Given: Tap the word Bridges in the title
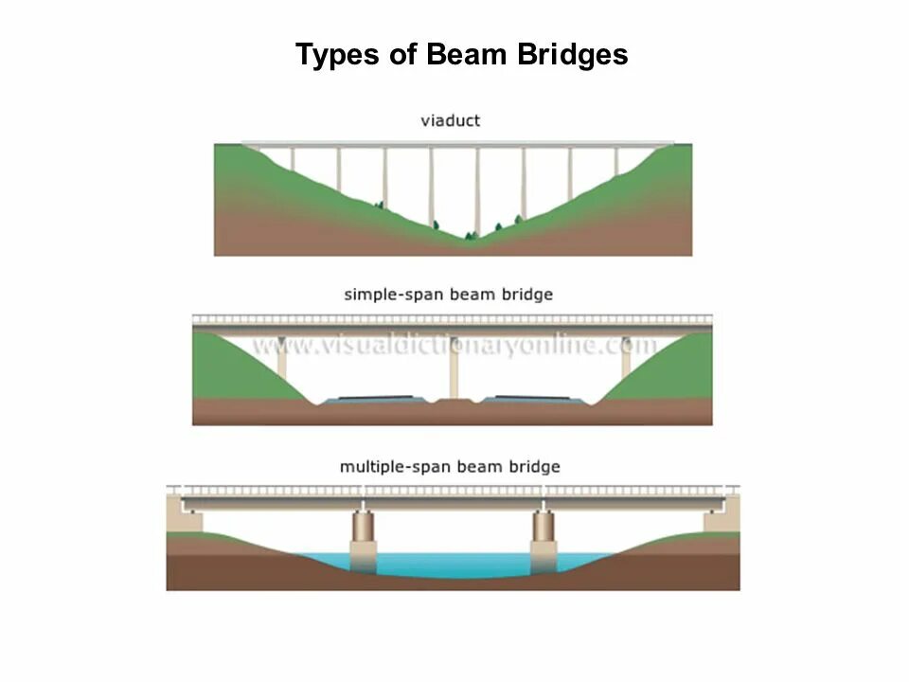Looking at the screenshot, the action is pyautogui.click(x=572, y=55).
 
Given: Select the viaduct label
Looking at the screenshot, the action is pyautogui.click(x=451, y=120).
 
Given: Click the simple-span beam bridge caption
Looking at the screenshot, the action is pyautogui.click(x=448, y=295).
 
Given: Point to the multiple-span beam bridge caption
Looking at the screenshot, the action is pyautogui.click(x=450, y=467).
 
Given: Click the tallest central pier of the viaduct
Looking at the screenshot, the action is pyautogui.click(x=477, y=189).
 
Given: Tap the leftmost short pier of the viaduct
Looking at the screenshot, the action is pyautogui.click(x=292, y=158).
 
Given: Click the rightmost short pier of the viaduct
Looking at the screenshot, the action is pyautogui.click(x=616, y=160).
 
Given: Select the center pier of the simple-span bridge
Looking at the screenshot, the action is pyautogui.click(x=454, y=367).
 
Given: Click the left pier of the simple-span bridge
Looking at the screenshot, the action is pyautogui.click(x=282, y=360).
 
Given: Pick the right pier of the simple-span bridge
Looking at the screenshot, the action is pyautogui.click(x=626, y=360).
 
